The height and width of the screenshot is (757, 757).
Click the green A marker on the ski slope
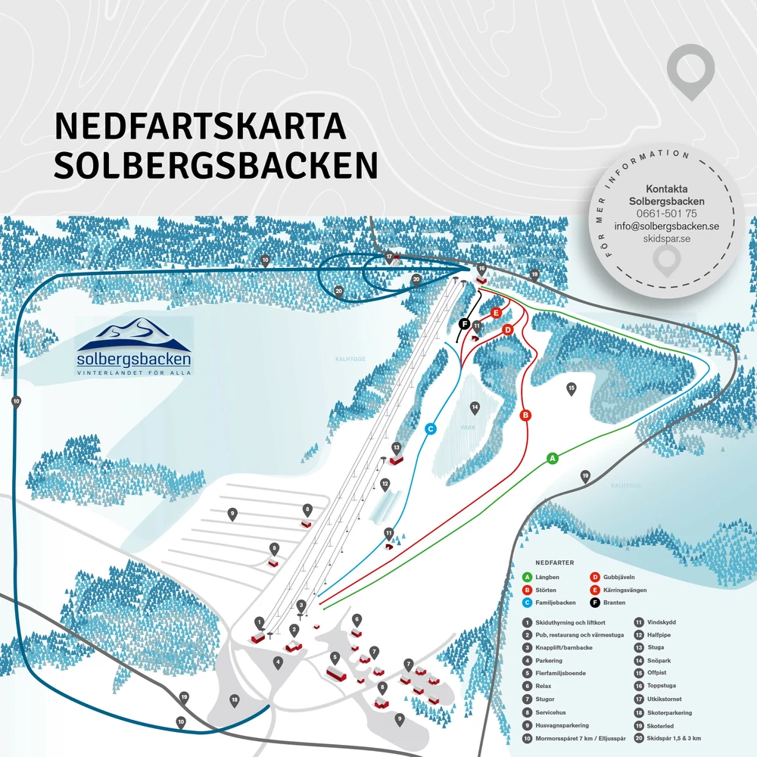click(552, 458)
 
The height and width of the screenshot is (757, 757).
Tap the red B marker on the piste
click(525, 415)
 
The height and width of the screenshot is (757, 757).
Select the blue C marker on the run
click(430, 428)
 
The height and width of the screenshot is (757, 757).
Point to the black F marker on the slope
click(465, 324)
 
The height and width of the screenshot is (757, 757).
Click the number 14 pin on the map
click(475, 408)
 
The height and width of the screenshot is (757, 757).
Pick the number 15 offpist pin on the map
click(572, 388)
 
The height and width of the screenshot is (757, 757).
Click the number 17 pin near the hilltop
click(390, 257)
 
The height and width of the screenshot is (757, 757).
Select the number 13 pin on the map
click(396, 447)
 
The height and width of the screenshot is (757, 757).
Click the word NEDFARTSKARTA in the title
click(200, 127)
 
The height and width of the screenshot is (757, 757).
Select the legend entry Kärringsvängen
click(625, 590)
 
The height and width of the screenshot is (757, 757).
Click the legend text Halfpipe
click(656, 634)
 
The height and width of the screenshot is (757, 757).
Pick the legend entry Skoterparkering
click(669, 712)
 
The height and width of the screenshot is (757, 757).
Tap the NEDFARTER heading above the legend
click(554, 563)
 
